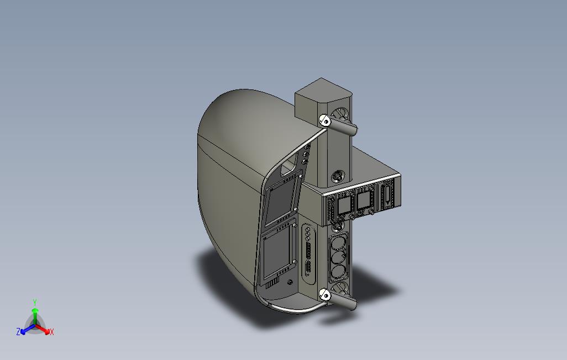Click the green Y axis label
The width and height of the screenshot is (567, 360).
click(x=34, y=302)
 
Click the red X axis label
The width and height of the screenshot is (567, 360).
click(x=51, y=332)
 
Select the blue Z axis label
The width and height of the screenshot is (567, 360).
click(x=18, y=332)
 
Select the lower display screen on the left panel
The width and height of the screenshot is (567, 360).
click(x=278, y=253)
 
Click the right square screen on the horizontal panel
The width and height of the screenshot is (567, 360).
click(x=364, y=200)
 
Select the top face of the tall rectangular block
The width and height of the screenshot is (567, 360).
click(x=323, y=88)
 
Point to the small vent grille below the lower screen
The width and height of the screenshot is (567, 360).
click(x=272, y=283)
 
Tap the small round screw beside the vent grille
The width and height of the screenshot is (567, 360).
click(x=291, y=282)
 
